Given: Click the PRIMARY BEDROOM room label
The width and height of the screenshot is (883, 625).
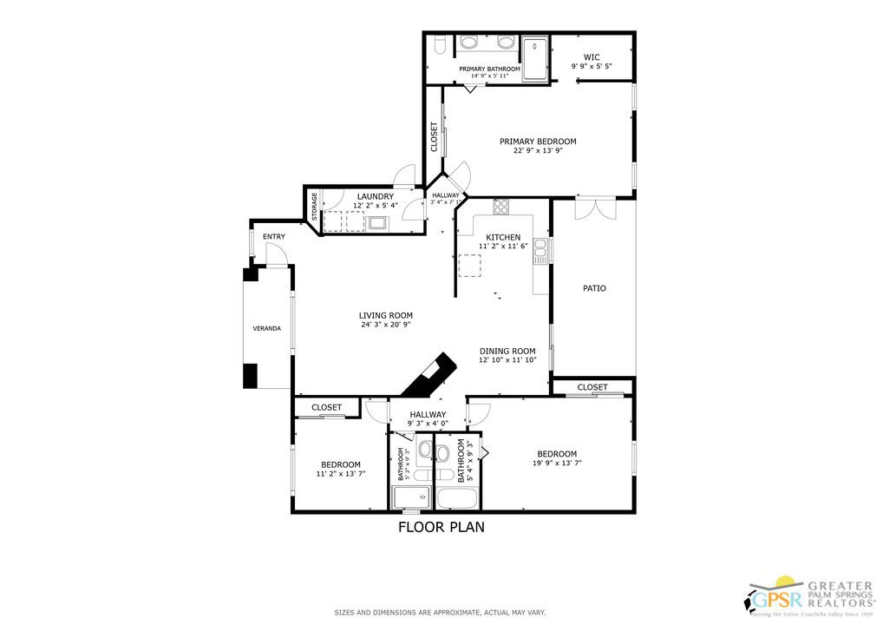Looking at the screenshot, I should [x=537, y=141].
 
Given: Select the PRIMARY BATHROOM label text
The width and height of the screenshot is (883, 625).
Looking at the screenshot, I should [x=489, y=69].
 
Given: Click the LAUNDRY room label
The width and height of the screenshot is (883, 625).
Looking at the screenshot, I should [x=376, y=196].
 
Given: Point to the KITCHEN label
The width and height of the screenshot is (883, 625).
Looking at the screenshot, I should [x=502, y=237].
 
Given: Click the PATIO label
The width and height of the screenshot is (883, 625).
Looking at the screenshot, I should [x=594, y=288].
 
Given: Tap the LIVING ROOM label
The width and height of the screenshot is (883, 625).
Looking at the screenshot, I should [x=386, y=315].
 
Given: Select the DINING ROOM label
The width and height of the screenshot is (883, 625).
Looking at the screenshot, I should [x=507, y=351].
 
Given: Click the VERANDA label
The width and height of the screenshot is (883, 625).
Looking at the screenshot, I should [x=266, y=329].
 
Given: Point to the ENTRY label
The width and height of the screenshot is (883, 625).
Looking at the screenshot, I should [x=273, y=237].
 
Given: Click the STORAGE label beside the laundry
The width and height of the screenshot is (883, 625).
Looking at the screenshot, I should [x=315, y=207].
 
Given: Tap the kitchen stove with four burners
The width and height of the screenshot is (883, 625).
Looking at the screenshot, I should [x=501, y=207].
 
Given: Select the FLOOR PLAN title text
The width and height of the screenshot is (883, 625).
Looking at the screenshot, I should [x=441, y=526].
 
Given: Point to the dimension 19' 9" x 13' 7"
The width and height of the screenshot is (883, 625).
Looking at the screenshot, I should [x=556, y=464].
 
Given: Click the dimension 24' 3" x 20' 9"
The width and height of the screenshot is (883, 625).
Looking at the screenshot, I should [x=386, y=325].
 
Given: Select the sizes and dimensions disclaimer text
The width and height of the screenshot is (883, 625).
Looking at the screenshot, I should [x=441, y=613].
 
